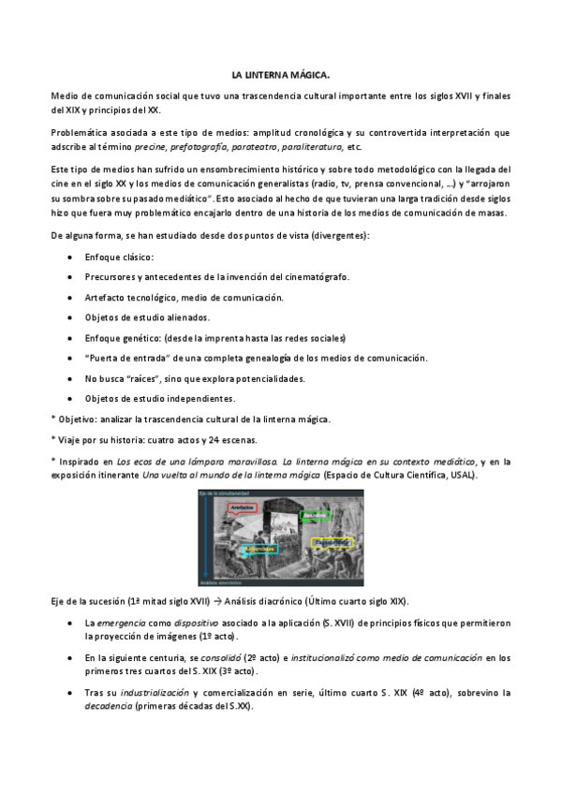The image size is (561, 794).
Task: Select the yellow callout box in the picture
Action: click(x=333, y=542)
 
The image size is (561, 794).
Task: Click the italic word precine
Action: click(x=149, y=148)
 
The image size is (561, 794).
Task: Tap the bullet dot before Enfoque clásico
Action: click(x=73, y=257)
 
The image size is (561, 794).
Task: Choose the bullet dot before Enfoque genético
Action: click(x=73, y=338)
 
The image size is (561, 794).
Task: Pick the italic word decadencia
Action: click(x=108, y=706)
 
